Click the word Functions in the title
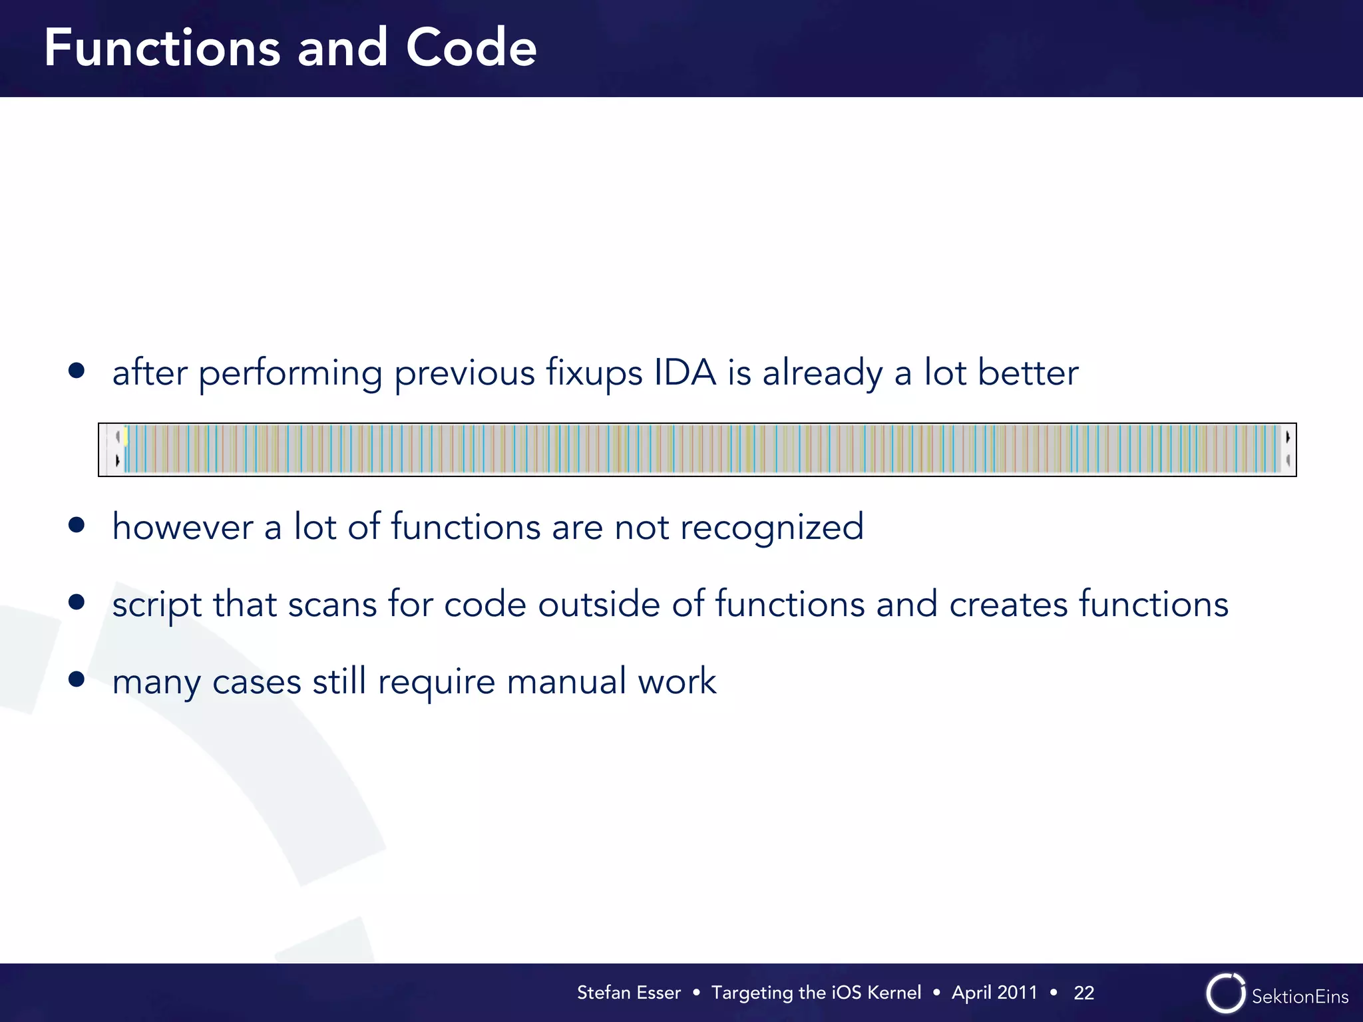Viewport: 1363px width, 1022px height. tap(162, 48)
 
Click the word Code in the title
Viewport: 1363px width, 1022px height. tap(471, 48)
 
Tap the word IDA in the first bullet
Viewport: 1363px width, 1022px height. tap(685, 372)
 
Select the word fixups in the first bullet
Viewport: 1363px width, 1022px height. tap(594, 373)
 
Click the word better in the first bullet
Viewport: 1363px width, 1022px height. tap(1028, 372)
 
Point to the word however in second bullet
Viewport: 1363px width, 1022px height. tap(182, 527)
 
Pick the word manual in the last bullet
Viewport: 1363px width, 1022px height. tap(566, 681)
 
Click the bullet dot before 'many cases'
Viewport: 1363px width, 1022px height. tap(77, 679)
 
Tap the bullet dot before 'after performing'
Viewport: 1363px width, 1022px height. tap(77, 370)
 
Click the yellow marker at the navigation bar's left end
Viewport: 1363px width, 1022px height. tap(125, 435)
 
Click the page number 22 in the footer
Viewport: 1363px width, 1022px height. tap(1083, 993)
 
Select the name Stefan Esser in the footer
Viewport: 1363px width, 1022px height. tap(628, 993)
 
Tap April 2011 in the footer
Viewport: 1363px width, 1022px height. tap(994, 993)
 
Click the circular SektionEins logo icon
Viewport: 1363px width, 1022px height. tap(1225, 993)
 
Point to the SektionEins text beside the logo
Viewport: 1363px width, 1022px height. tap(1300, 996)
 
